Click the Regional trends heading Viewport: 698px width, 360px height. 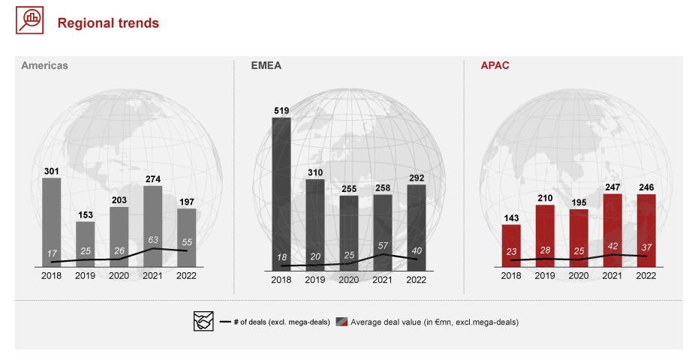[x=109, y=23]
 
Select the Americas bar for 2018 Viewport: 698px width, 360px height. [x=52, y=221]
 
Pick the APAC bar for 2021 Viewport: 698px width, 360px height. [x=612, y=229]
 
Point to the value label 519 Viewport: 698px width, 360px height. [x=281, y=111]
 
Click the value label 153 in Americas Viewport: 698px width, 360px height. [x=86, y=214]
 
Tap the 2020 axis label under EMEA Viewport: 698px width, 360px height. [x=349, y=279]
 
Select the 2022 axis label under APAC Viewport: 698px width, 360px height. [x=646, y=276]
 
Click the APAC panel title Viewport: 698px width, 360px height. [x=495, y=65]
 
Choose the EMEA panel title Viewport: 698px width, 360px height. [x=266, y=65]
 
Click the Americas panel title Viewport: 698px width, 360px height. [x=44, y=65]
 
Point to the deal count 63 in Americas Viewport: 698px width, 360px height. [x=152, y=241]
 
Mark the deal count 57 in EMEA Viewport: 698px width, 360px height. [x=383, y=246]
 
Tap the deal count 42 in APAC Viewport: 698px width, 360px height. [x=612, y=245]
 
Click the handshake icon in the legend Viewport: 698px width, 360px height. [x=203, y=322]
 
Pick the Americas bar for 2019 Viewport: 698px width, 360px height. [x=86, y=244]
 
